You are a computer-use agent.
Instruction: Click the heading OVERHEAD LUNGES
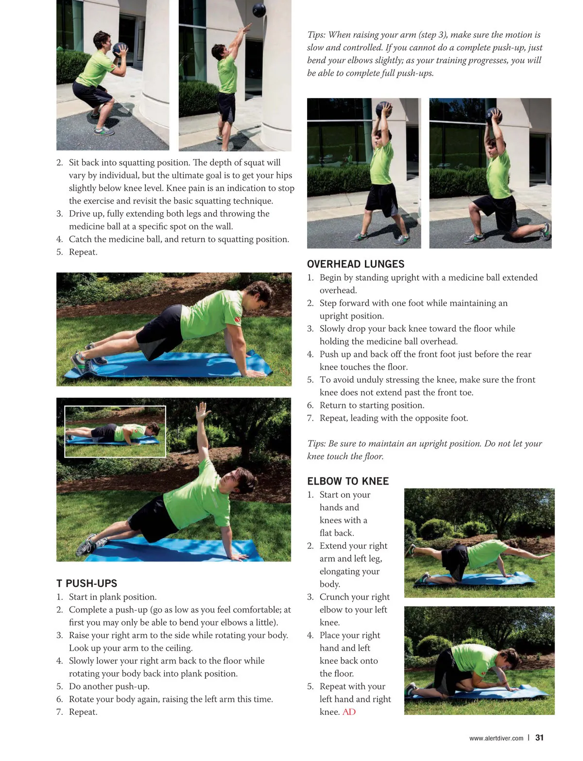(x=355, y=264)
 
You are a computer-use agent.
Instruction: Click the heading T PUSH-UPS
(x=86, y=583)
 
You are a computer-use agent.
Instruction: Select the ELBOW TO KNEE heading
(x=347, y=481)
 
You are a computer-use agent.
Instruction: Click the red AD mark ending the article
(x=349, y=712)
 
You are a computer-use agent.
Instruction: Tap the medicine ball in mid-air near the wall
(x=259, y=9)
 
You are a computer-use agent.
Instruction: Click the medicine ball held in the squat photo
(x=120, y=49)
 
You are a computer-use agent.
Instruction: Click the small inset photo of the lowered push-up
(x=115, y=431)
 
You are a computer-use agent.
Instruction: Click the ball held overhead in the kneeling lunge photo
(x=494, y=116)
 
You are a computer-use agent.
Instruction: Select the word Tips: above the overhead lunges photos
(x=316, y=34)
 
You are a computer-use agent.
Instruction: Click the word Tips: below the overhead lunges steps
(x=316, y=443)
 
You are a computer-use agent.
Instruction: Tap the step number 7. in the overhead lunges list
(x=310, y=418)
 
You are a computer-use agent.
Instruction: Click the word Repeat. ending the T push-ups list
(x=83, y=712)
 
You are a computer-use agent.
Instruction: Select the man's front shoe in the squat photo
(x=104, y=131)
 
